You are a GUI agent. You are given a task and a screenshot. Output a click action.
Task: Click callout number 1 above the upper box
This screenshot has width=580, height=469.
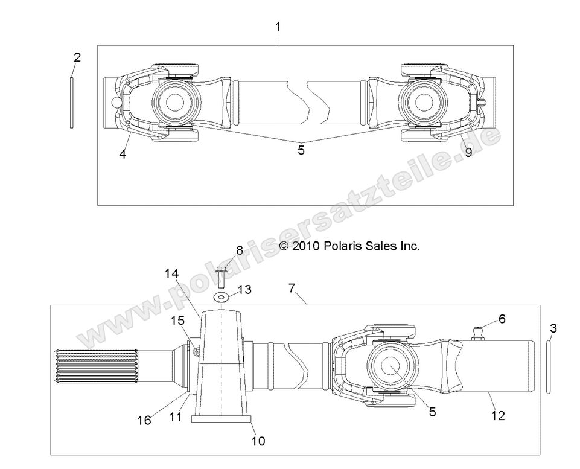coord(278,27)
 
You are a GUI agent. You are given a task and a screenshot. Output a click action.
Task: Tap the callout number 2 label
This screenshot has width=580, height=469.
coord(77,58)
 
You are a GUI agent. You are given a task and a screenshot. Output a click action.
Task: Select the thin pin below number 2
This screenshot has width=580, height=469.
coord(72,101)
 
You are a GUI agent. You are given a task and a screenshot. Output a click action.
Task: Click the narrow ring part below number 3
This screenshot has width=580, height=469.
coord(548,366)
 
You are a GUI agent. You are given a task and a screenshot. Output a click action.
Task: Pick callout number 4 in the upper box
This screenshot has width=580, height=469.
coord(123,154)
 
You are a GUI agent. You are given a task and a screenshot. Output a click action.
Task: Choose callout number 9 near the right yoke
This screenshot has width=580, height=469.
coord(468,153)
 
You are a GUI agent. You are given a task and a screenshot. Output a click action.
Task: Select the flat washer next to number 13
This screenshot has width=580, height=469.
coord(221,296)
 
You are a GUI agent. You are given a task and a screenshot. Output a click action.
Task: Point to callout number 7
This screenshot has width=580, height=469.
coord(292,288)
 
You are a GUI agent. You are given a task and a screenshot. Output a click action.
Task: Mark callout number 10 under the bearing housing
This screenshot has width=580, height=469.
coord(258,441)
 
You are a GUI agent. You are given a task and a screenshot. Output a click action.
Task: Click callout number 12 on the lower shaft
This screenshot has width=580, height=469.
coord(498,415)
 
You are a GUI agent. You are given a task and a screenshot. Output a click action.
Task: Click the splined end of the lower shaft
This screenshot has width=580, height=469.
coord(78,367)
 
